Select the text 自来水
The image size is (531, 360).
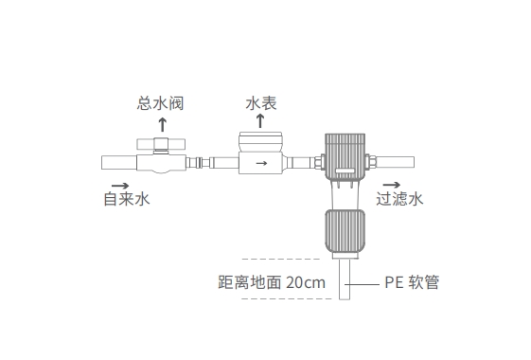(127, 200)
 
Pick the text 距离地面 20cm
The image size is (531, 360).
(272, 281)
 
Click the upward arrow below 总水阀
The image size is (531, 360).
(162, 123)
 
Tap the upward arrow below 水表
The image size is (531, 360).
(261, 122)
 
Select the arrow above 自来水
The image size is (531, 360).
(120, 184)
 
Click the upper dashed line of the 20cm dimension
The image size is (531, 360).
(281, 258)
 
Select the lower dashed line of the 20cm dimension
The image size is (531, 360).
(281, 299)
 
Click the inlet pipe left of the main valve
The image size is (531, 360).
(118, 163)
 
